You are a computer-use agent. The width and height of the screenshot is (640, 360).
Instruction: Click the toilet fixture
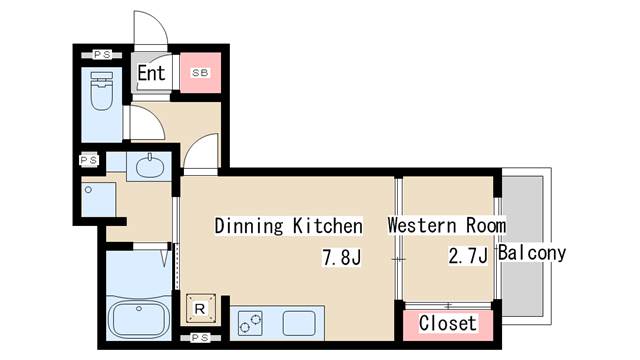click(x=101, y=91)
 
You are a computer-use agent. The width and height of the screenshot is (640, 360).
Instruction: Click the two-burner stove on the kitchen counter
click(x=250, y=323)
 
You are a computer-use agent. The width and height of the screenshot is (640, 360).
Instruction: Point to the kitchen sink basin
click(x=299, y=323)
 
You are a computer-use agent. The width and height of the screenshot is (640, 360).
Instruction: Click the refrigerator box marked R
click(x=201, y=308)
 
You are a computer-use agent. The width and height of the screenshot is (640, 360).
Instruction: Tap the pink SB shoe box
click(x=200, y=73)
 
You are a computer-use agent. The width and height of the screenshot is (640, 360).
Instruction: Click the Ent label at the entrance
click(x=151, y=73)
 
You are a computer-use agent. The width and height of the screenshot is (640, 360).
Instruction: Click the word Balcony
click(x=532, y=253)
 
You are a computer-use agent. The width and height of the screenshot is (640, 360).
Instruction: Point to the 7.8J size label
click(x=342, y=258)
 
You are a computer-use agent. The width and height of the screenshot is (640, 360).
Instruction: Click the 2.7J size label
click(x=468, y=256)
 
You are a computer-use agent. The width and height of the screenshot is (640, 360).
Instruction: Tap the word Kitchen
click(x=328, y=226)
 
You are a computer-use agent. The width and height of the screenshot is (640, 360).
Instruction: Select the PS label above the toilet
click(x=102, y=55)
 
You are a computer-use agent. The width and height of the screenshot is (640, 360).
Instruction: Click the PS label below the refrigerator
click(x=200, y=338)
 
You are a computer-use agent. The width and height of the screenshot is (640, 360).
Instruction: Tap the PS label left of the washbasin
click(x=89, y=160)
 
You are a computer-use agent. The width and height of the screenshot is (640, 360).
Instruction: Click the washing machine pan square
click(x=98, y=200)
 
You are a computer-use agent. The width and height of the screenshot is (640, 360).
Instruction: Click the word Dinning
click(x=249, y=226)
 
